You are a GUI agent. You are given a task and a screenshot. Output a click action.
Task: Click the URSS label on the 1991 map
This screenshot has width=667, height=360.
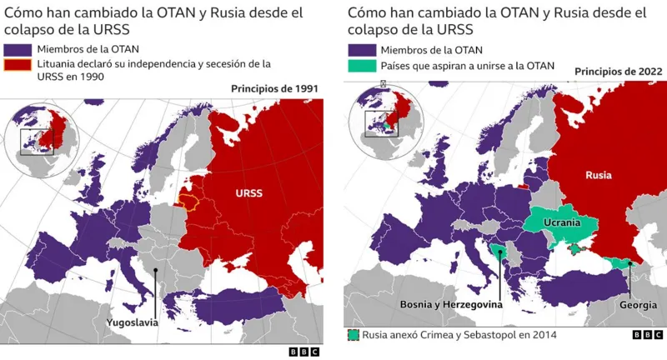click(248, 192)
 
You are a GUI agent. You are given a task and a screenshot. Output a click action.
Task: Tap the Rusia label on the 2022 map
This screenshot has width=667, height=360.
click(599, 175)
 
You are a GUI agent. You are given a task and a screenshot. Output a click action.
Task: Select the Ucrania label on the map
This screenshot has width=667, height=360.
click(562, 223)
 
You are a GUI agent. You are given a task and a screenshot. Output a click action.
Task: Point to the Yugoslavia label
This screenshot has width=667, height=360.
click(132, 321)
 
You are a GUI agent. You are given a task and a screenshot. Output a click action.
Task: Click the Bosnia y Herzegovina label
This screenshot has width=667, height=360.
click(451, 306)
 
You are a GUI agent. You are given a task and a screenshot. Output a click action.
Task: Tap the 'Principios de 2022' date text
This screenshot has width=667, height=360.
click(618, 72)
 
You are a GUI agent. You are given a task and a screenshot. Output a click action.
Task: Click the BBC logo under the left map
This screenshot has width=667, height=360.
click(303, 352)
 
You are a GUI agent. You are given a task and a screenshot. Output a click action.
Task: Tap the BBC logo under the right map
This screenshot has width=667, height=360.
click(647, 334)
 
